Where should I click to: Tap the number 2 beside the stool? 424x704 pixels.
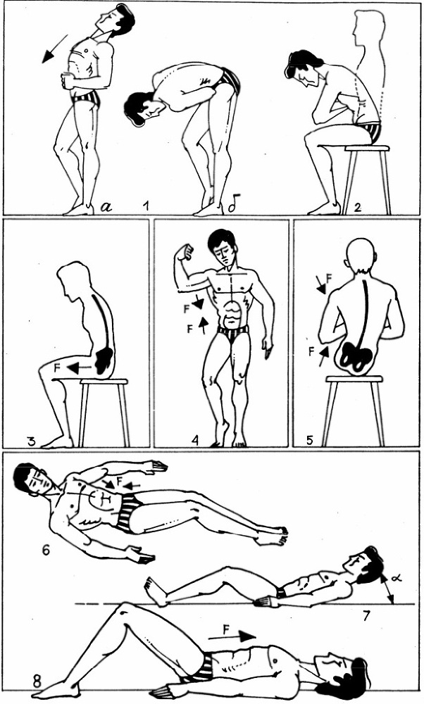(357, 207)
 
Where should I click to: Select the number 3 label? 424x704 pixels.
(31, 441)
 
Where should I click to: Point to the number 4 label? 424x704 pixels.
(194, 441)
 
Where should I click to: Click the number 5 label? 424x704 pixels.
(309, 441)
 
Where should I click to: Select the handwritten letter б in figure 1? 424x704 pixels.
(232, 206)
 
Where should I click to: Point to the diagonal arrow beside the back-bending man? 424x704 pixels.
(55, 49)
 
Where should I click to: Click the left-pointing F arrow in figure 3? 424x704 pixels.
(80, 368)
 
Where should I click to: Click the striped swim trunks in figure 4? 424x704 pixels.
(232, 332)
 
